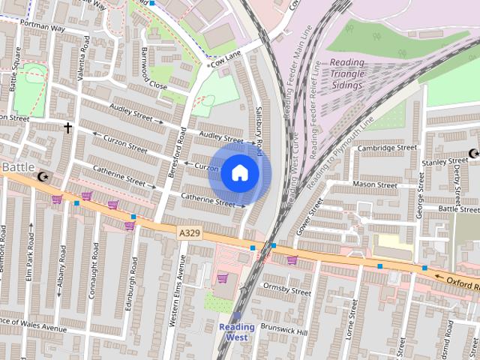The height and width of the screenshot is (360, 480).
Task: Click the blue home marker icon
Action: coord(238,172)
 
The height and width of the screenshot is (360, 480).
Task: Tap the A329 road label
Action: coord(190,234)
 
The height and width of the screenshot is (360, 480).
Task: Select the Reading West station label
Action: coord(237,331)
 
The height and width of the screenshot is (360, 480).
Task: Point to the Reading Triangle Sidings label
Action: coord(346,75)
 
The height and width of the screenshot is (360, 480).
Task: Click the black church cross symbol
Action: coord(67,128)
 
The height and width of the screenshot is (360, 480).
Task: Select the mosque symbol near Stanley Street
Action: coord(473,154)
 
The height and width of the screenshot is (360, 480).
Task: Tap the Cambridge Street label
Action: coord(386,148)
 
